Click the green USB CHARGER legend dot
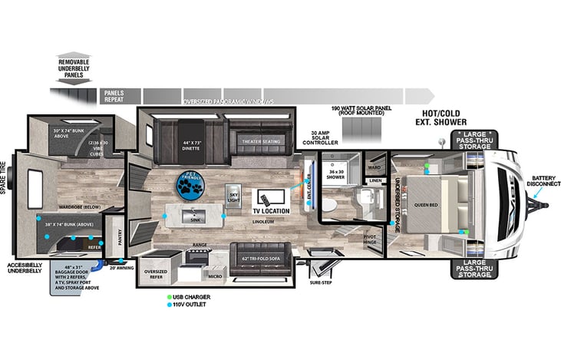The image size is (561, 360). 169,296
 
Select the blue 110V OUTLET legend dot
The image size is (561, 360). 169,305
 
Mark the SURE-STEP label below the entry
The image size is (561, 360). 321,283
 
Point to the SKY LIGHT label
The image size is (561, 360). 233,197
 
